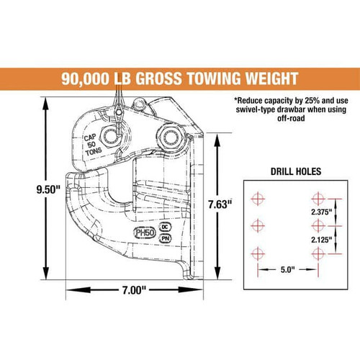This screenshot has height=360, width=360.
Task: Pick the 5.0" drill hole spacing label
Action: [287, 271]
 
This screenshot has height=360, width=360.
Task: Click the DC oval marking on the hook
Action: [166, 227]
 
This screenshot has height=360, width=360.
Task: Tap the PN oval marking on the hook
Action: [165, 238]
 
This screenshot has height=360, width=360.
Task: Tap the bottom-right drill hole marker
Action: [317, 253]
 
